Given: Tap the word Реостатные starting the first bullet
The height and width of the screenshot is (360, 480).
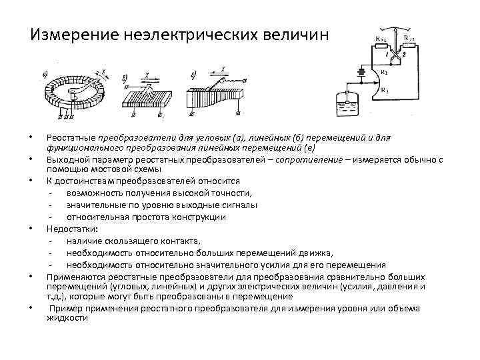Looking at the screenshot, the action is (x=69, y=137).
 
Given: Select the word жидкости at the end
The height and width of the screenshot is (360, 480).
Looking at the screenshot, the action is (x=67, y=318).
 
